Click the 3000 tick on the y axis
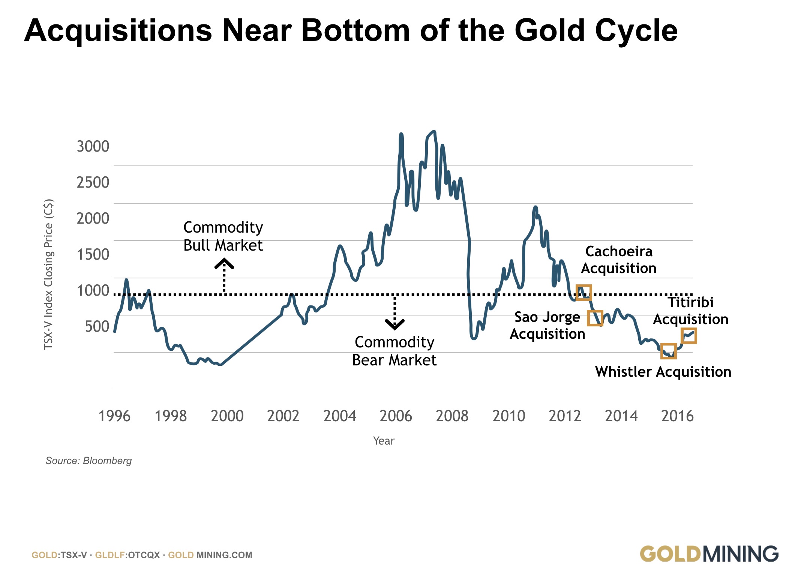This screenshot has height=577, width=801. click(x=93, y=146)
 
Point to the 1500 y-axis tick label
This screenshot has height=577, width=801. click(x=93, y=254)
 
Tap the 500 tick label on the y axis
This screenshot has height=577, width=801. click(x=97, y=326)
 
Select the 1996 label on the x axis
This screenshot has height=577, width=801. click(x=114, y=416)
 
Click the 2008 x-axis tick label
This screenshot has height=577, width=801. click(x=452, y=416)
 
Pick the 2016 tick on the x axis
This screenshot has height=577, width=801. click(x=677, y=416)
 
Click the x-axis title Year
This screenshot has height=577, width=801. click(x=384, y=441)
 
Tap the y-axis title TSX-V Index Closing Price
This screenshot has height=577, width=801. click(x=49, y=274)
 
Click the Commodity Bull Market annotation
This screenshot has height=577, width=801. click(x=223, y=236)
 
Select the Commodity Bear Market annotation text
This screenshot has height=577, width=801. click(x=394, y=351)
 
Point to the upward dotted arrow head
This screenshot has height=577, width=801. click(x=224, y=264)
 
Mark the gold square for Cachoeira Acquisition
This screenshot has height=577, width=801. click(x=584, y=293)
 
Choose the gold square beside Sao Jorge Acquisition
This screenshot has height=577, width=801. click(x=595, y=318)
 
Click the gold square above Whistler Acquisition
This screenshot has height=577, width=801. click(x=669, y=351)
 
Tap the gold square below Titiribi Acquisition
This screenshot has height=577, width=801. click(x=689, y=336)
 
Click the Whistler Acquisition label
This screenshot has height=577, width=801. click(x=663, y=372)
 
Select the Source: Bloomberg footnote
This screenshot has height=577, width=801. click(x=88, y=461)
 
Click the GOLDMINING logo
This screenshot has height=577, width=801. click(x=709, y=554)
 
